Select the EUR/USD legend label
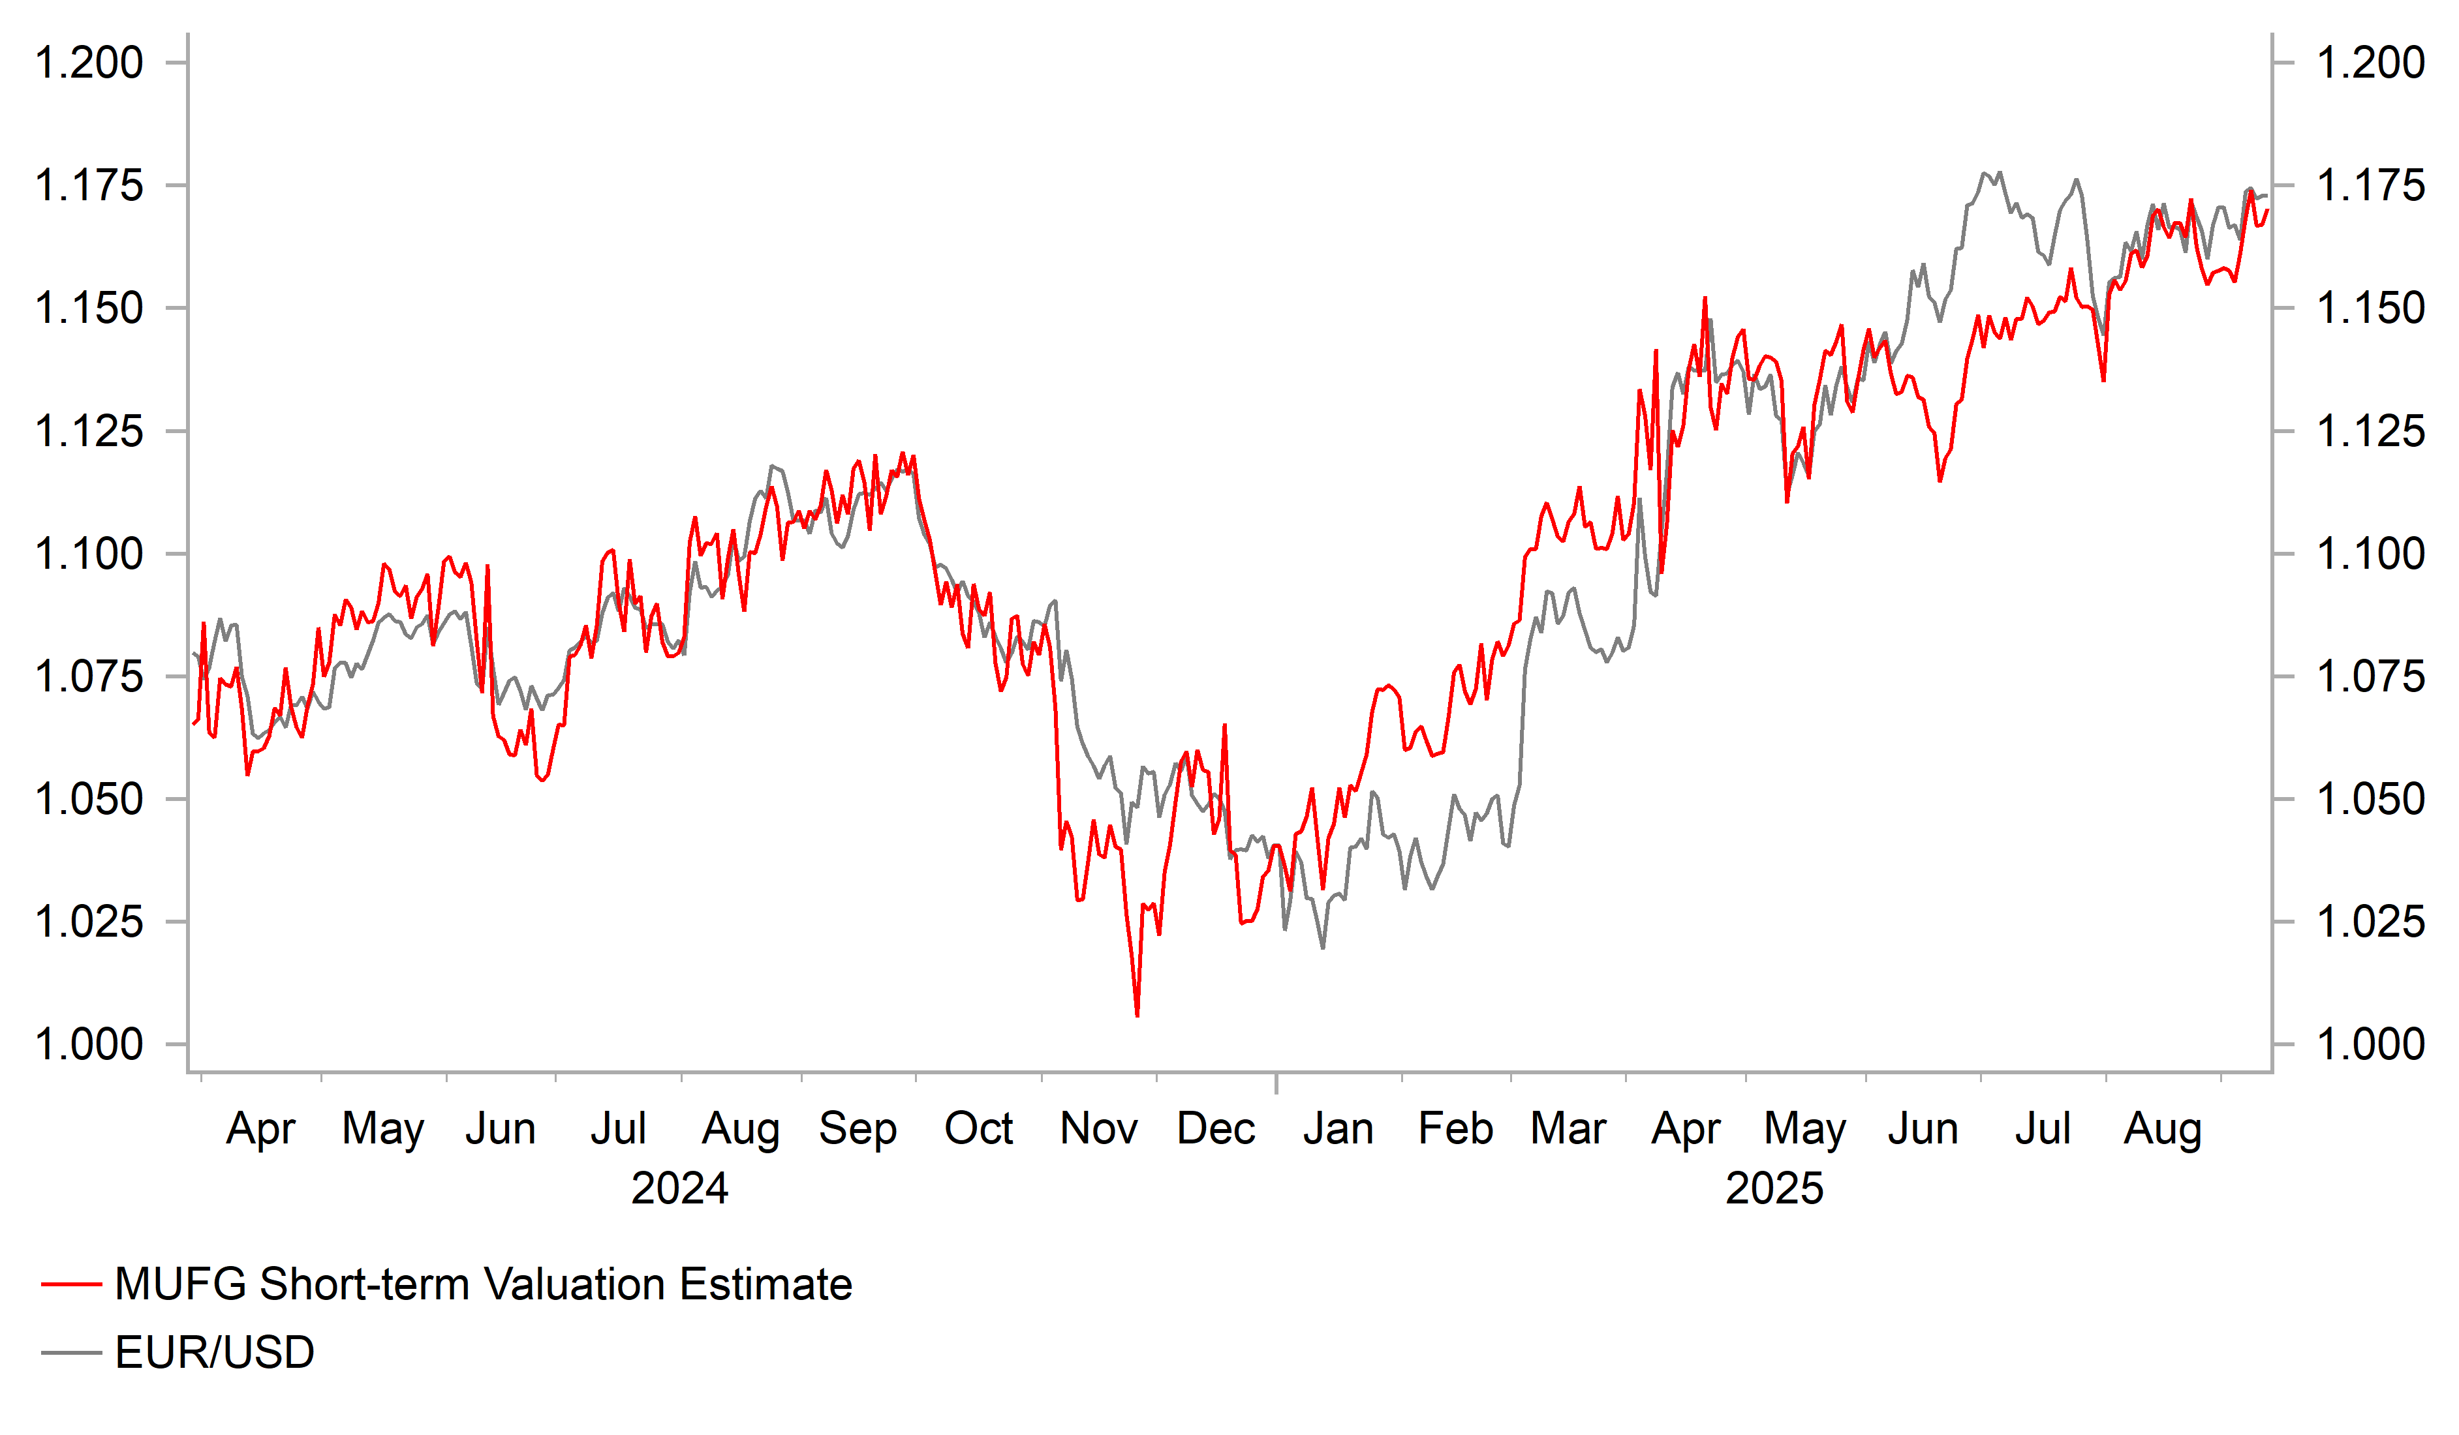pos(215,1353)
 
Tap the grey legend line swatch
pos(71,1353)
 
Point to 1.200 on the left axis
pos(89,63)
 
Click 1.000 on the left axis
pos(89,1045)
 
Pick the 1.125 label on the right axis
pos(2370,431)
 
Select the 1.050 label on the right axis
pos(2370,799)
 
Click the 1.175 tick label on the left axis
pos(89,185)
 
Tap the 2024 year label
pos(679,1188)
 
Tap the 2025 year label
pos(1774,1188)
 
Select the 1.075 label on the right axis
pos(2370,676)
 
